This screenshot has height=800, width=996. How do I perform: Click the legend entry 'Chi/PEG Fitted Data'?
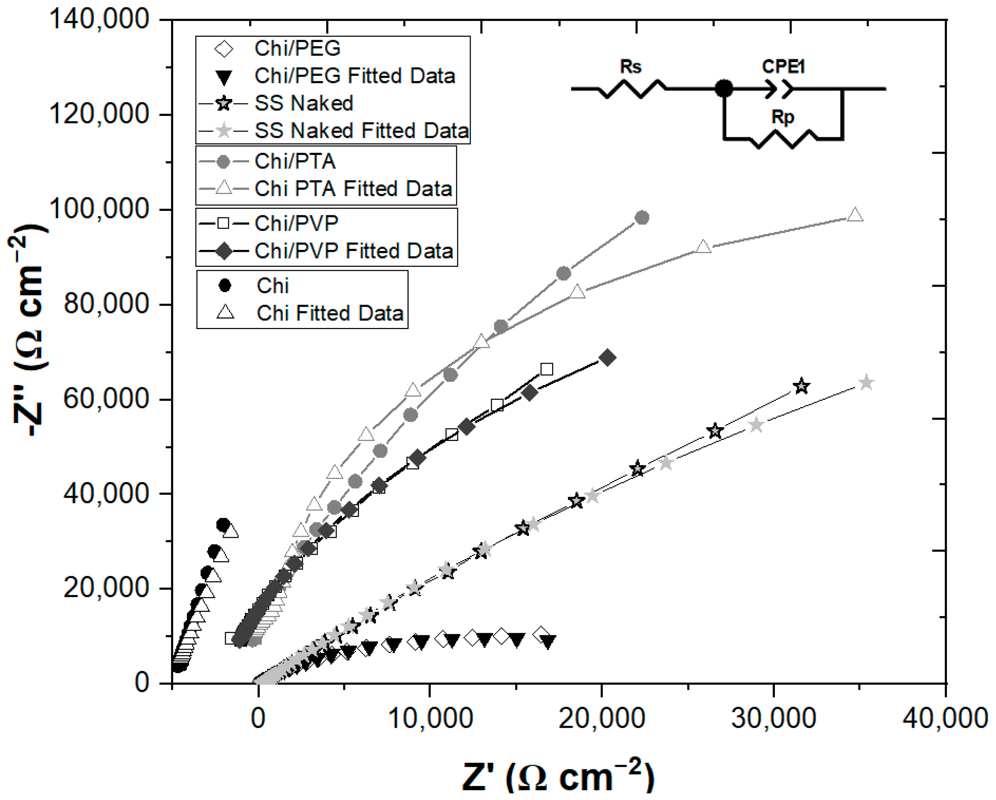pos(354,76)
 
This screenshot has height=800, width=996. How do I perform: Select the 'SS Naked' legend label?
pos(304,103)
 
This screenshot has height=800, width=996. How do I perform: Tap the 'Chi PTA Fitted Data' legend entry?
pos(353,189)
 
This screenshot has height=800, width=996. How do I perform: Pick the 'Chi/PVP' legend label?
pos(296,224)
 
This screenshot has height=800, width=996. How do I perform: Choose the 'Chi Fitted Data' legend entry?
pos(330,313)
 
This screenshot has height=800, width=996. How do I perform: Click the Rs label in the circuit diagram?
pos(630,67)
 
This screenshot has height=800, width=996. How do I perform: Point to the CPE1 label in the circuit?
pos(783,67)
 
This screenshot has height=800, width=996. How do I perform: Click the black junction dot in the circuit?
pos(724,88)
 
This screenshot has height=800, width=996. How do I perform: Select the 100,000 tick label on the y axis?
pos(98,209)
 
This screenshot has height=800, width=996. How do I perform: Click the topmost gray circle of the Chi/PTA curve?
pos(642,217)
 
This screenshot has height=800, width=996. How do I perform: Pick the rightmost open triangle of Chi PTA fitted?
pos(855,215)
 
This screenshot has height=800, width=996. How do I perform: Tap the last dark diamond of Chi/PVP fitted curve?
pos(608,358)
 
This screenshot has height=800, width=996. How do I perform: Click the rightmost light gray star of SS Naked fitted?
pos(866,382)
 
